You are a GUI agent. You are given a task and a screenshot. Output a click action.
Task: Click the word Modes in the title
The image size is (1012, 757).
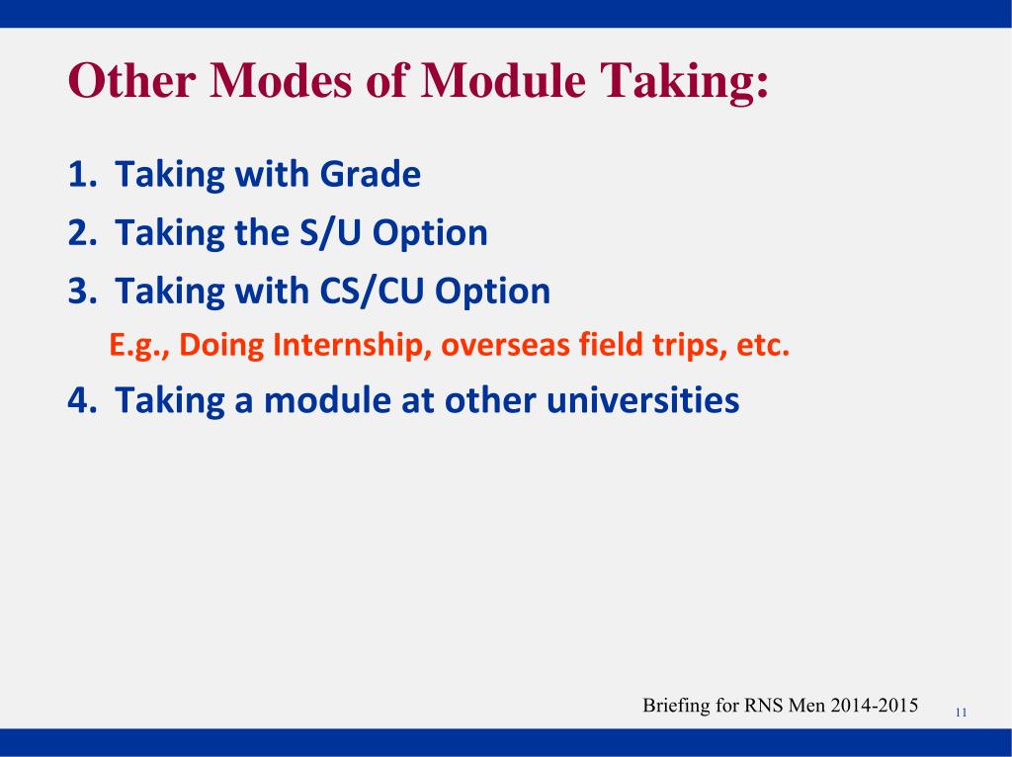click(x=281, y=80)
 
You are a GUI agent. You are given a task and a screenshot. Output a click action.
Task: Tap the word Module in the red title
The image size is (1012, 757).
click(x=503, y=80)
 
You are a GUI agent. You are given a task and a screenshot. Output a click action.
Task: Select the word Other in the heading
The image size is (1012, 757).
click(x=131, y=80)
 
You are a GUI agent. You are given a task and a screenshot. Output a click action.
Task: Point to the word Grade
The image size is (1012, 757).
click(x=371, y=174)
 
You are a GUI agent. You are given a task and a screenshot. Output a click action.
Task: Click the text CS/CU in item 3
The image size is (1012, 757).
click(x=372, y=291)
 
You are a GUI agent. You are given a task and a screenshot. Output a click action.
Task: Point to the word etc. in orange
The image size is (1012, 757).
click(x=763, y=345)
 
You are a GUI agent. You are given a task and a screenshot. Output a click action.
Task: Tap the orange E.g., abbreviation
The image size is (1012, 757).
click(x=139, y=345)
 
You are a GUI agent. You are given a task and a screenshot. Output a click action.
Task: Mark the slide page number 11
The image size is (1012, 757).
click(x=961, y=713)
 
